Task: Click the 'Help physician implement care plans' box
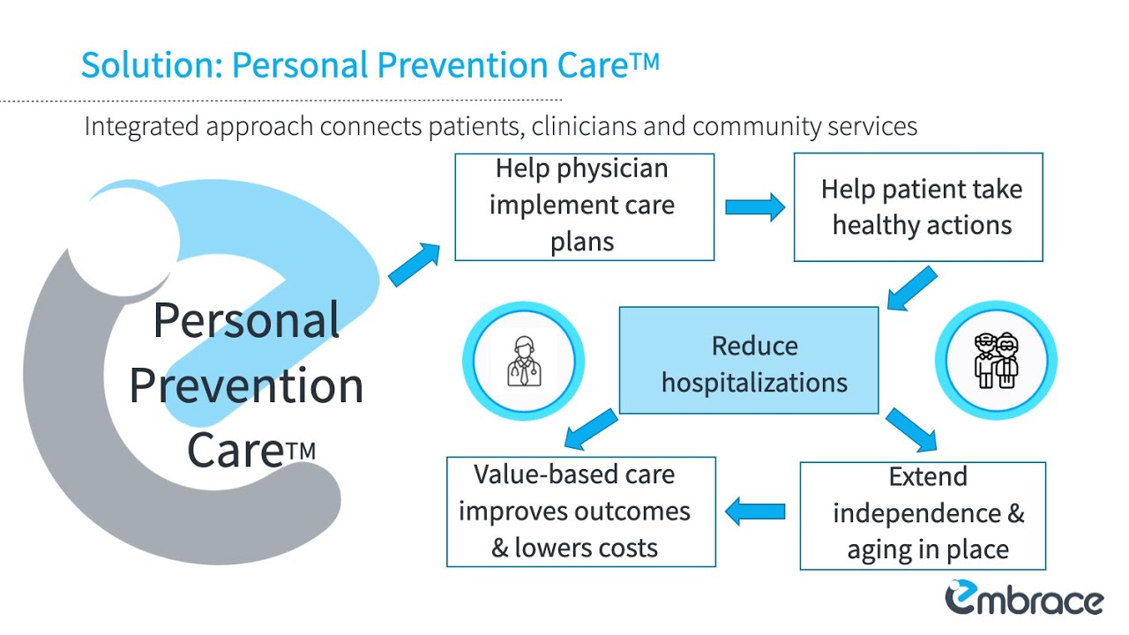pyautogui.click(x=584, y=206)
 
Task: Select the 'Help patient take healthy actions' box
pyautogui.click(x=918, y=206)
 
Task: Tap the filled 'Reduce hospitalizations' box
pyautogui.click(x=749, y=360)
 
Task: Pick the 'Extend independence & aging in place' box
pyautogui.click(x=923, y=515)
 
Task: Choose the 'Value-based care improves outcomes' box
pyautogui.click(x=580, y=512)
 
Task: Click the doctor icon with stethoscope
pyautogui.click(x=524, y=360)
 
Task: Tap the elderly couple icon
pyautogui.click(x=996, y=361)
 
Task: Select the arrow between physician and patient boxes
pyautogui.click(x=754, y=207)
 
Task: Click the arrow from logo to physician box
pyautogui.click(x=414, y=265)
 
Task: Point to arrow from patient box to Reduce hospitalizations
pyautogui.click(x=911, y=288)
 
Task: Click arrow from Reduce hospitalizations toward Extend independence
pyautogui.click(x=911, y=429)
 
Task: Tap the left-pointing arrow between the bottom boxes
pyautogui.click(x=755, y=512)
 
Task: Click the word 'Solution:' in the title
pyautogui.click(x=151, y=66)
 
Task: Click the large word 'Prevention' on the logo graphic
pyautogui.click(x=246, y=386)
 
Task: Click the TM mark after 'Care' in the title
pyautogui.click(x=646, y=62)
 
